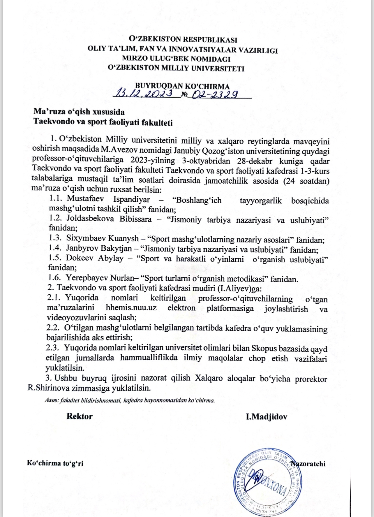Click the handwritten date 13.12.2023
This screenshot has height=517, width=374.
click(x=145, y=94)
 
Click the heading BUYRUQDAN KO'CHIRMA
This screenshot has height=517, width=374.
click(x=182, y=86)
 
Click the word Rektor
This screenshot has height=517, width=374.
click(x=80, y=416)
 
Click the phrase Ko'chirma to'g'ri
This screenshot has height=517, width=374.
click(x=55, y=463)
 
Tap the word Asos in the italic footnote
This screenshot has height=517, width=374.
click(x=52, y=400)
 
